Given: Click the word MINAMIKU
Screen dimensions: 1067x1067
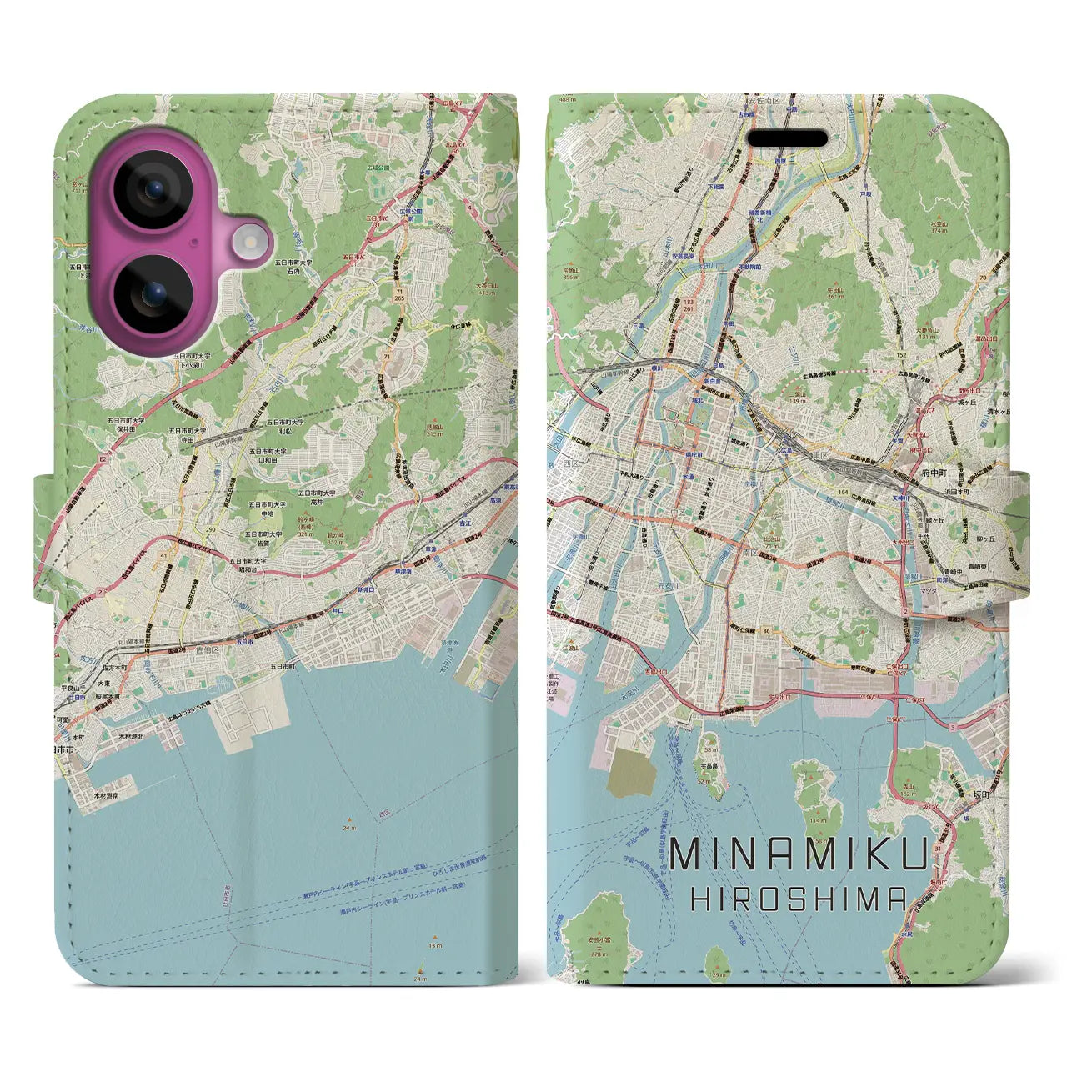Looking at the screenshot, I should tap(799, 856).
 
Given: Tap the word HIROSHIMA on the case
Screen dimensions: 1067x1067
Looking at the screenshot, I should tap(799, 899).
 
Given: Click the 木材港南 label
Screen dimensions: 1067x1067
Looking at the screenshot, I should tap(106, 796).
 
